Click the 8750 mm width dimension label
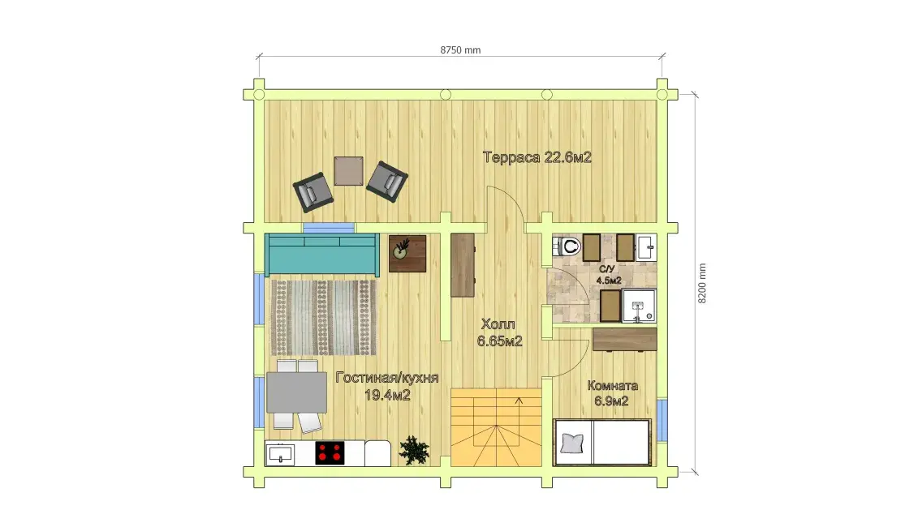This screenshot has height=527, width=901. pyautogui.click(x=460, y=50)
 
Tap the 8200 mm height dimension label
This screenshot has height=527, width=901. pyautogui.click(x=701, y=284)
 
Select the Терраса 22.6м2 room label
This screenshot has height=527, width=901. pyautogui.click(x=537, y=157)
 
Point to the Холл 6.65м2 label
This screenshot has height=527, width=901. pyautogui.click(x=499, y=332)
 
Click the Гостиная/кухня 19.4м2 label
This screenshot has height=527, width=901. pyautogui.click(x=386, y=386)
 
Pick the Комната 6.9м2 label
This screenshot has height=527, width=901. pyautogui.click(x=612, y=392)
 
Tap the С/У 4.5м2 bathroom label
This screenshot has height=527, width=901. pyautogui.click(x=608, y=275)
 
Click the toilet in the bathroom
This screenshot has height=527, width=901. pyautogui.click(x=567, y=246)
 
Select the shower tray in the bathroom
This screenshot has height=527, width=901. pyautogui.click(x=638, y=306)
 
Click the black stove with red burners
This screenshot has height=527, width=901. pyautogui.click(x=330, y=453)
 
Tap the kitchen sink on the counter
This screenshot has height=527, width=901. pyautogui.click(x=281, y=454)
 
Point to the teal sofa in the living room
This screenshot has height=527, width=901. pyautogui.click(x=321, y=254)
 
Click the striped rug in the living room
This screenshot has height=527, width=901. pyautogui.click(x=324, y=318)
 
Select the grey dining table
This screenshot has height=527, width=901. pyautogui.click(x=296, y=392)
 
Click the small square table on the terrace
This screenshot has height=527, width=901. pyautogui.click(x=349, y=171)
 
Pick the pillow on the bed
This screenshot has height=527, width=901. pyautogui.click(x=571, y=443)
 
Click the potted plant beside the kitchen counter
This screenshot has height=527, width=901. pyautogui.click(x=414, y=450)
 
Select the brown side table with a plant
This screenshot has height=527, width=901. pyautogui.click(x=407, y=253)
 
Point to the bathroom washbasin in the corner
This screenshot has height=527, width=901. pyautogui.click(x=646, y=247)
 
